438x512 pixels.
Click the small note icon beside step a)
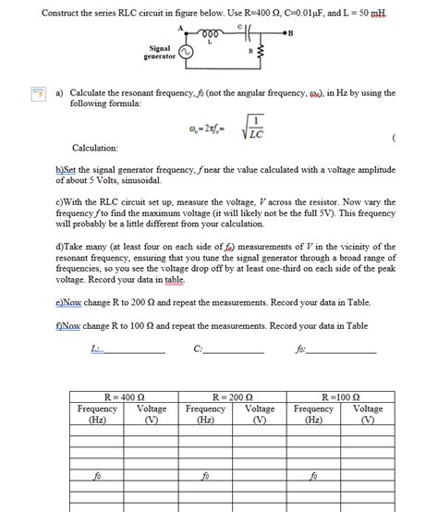coord(38,94)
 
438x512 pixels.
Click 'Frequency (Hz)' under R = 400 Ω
coord(97,413)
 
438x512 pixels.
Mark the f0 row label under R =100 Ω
coord(313,477)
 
